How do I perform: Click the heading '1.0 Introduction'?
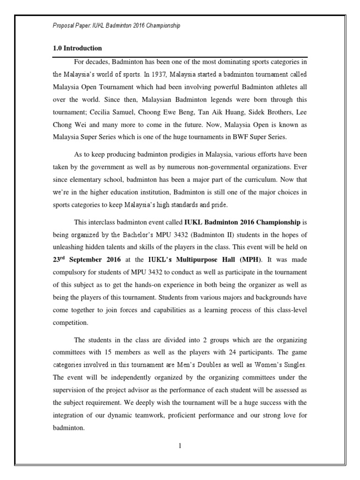77,48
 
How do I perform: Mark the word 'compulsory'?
72,272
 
